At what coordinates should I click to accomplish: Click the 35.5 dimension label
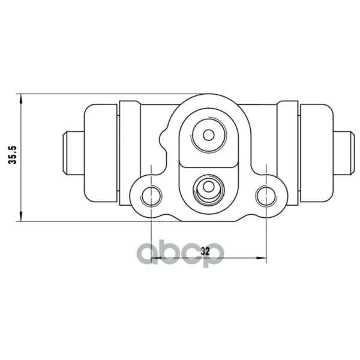(x=13, y=155)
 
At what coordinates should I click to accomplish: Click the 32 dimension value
(x=205, y=251)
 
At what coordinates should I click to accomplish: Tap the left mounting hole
(x=151, y=196)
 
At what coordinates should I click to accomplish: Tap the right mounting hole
(x=266, y=196)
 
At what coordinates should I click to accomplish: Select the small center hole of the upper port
(x=209, y=135)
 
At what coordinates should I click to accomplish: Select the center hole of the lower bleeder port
(x=209, y=187)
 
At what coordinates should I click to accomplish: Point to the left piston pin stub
(x=73, y=152)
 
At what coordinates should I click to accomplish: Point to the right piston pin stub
(x=343, y=152)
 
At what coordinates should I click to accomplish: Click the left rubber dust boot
(x=101, y=154)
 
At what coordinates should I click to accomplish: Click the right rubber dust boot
(x=316, y=154)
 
